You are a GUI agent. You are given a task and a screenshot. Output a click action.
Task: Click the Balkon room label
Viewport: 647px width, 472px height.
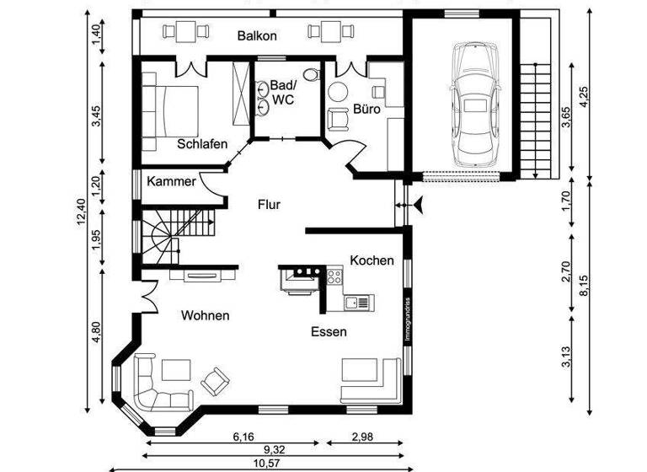click(258, 36)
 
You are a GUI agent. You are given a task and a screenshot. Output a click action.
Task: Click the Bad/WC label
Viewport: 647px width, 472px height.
click(282, 93)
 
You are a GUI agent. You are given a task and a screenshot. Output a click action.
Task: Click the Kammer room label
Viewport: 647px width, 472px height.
click(171, 181)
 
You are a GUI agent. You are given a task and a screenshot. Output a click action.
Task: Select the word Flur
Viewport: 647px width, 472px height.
click(269, 204)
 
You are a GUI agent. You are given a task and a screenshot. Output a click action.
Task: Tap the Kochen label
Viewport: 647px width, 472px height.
click(372, 260)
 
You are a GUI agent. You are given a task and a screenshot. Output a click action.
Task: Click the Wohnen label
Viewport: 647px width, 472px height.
click(205, 315)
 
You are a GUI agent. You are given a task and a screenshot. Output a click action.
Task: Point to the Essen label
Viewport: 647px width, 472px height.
click(328, 331)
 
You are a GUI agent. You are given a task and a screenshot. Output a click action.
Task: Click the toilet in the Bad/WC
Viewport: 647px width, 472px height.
click(313, 75)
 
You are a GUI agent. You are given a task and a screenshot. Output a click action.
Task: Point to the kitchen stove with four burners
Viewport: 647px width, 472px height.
click(334, 274)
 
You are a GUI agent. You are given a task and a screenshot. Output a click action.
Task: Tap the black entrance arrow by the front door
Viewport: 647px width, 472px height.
click(415, 203)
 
